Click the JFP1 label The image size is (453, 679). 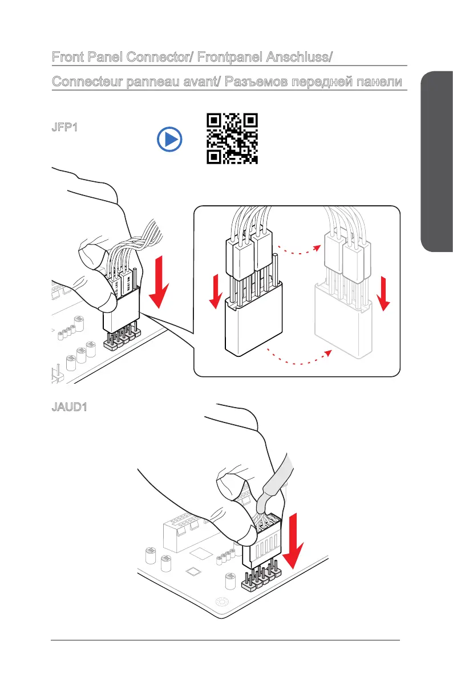64,127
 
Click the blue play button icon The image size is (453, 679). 170,139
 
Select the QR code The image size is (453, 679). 232,139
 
